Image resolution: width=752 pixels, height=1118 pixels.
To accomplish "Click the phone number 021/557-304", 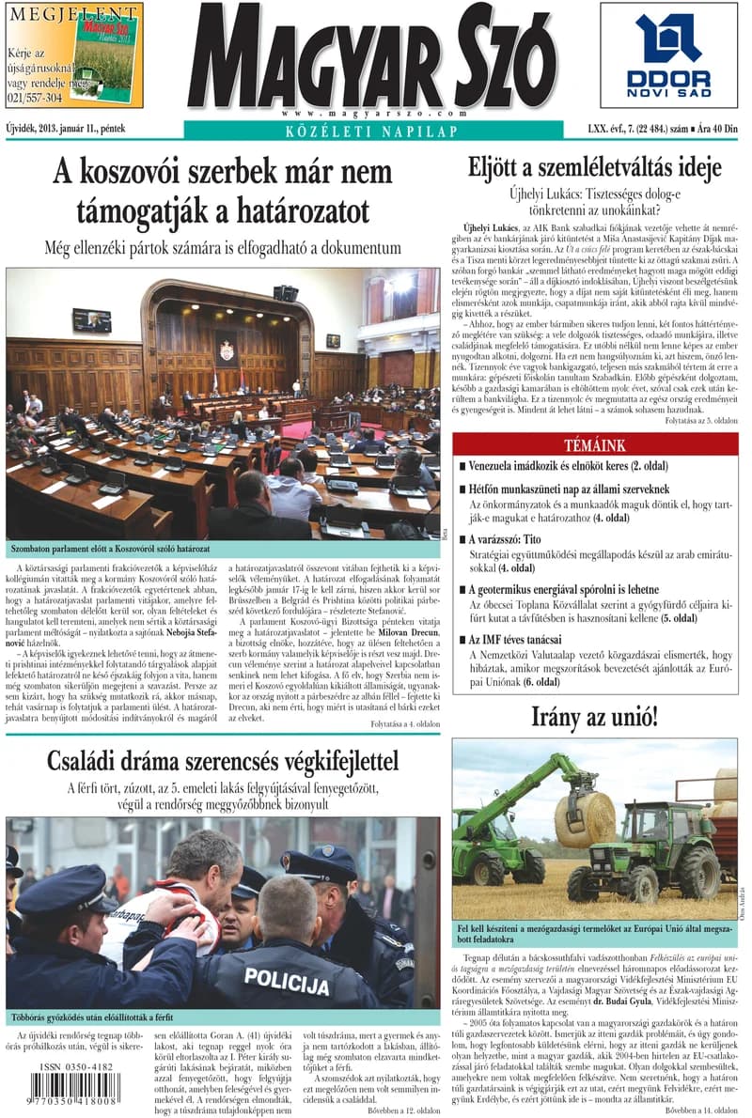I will coord(35,97).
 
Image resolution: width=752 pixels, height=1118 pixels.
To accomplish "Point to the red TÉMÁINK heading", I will coord(594,444).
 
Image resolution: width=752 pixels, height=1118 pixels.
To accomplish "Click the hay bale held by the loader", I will coord(585,818).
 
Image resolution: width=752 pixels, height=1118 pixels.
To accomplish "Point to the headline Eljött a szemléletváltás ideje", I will coord(594,167).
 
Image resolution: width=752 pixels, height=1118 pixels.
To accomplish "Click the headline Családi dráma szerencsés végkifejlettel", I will coord(223,760).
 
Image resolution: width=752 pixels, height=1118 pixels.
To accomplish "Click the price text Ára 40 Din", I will coord(719,128).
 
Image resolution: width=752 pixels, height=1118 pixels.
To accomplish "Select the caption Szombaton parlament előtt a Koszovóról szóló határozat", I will coord(109,547).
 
